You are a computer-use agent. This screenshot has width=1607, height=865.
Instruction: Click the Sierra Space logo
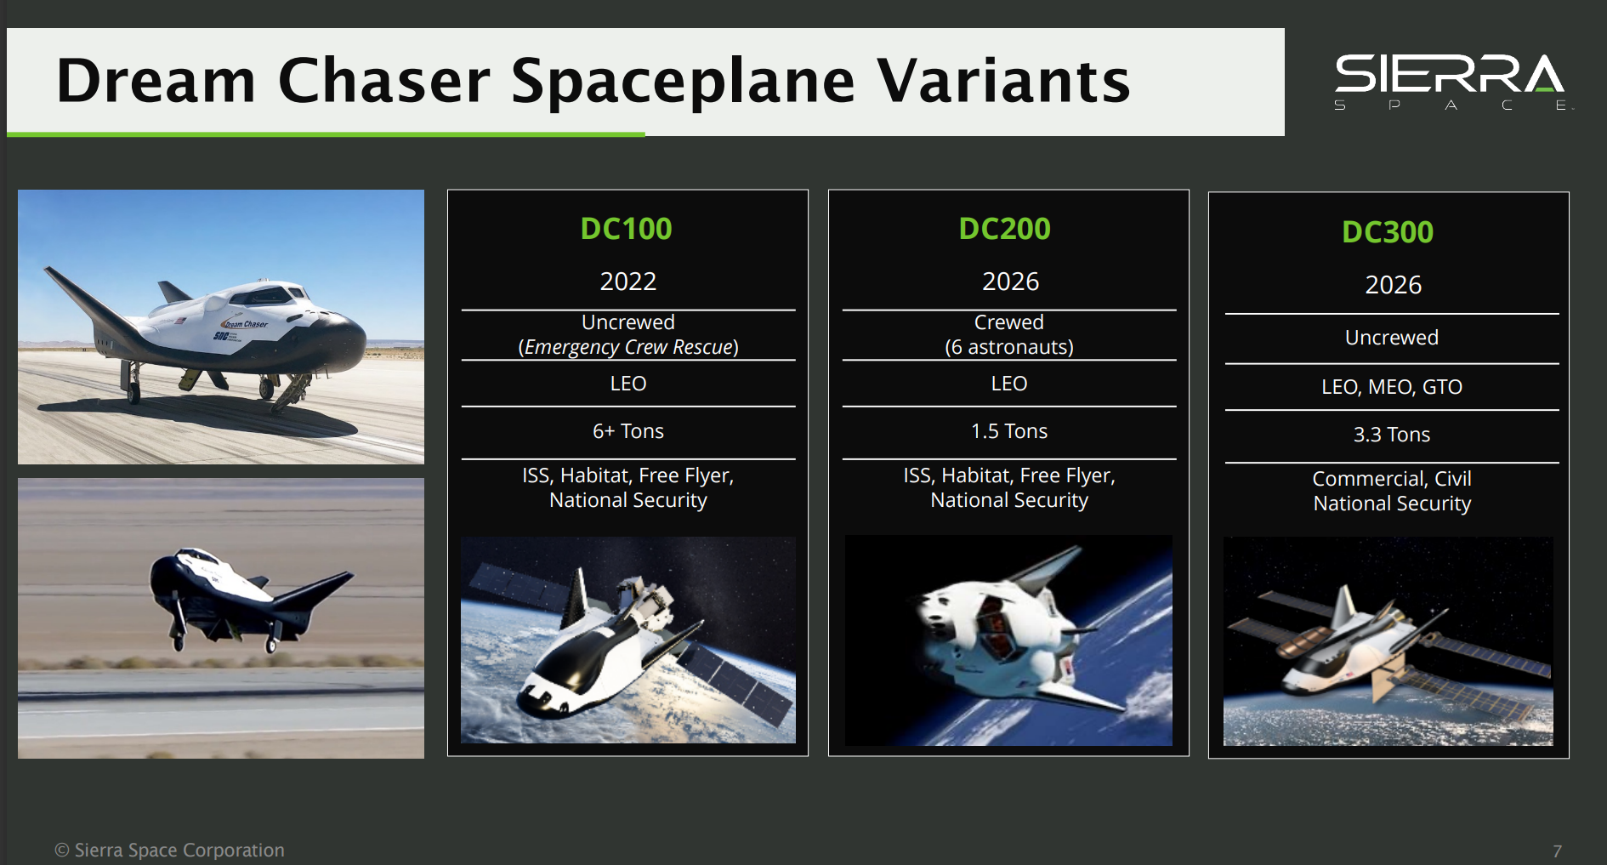tap(1451, 81)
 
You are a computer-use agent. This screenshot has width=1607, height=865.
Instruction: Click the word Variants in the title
tap(1003, 82)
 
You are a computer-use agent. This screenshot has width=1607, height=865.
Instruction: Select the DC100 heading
tap(626, 229)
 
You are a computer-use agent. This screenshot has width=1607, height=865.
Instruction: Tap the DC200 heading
tap(1004, 229)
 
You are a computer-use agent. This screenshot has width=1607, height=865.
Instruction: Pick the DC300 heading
tap(1387, 232)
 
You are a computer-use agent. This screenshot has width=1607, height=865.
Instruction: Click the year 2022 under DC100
tap(627, 282)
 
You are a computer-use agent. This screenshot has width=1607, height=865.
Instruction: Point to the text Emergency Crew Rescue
tap(628, 347)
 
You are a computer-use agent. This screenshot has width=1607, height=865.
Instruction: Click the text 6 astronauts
tap(1008, 347)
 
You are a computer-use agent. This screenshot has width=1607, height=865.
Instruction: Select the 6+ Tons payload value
tap(627, 431)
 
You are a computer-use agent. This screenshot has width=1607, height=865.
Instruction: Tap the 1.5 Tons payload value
tap(1008, 431)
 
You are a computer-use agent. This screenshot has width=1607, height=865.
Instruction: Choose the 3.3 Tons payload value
tap(1391, 435)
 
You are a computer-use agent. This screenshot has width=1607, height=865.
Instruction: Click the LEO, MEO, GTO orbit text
tap(1391, 387)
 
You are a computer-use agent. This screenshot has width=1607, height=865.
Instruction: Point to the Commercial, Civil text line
tap(1391, 479)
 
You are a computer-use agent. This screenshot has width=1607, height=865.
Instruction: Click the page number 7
tap(1557, 851)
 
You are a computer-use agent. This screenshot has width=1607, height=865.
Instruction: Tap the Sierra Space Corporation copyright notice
tap(170, 850)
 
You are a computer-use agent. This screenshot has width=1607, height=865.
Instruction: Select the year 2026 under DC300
tap(1393, 285)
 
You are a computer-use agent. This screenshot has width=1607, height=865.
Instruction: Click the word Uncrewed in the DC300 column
tap(1391, 338)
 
